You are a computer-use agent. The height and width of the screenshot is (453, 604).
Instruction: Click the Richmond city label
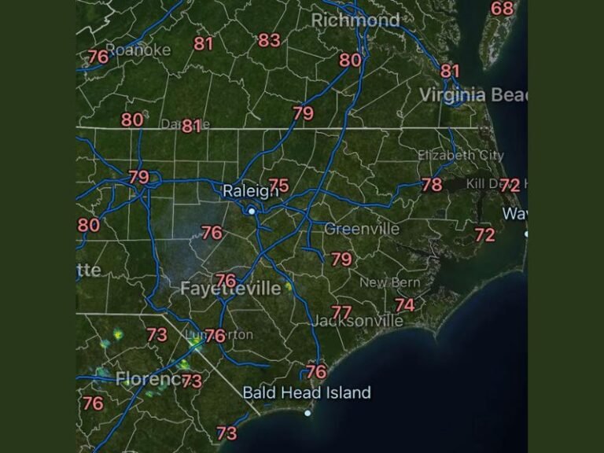(355, 20)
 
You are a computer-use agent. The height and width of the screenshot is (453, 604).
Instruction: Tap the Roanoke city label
(138, 50)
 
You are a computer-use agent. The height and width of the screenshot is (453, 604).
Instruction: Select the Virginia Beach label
(473, 95)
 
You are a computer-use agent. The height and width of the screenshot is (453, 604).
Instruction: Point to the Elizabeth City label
(460, 155)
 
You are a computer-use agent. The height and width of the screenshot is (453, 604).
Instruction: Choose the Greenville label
(362, 229)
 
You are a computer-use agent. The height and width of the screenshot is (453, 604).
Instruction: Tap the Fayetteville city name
(230, 289)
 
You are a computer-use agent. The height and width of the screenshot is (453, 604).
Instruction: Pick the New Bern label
(390, 282)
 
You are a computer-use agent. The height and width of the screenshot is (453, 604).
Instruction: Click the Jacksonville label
(358, 321)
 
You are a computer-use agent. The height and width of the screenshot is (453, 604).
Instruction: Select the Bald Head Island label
(307, 392)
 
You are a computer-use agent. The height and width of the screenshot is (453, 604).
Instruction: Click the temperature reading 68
(502, 9)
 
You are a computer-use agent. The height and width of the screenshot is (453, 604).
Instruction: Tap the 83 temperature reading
(269, 40)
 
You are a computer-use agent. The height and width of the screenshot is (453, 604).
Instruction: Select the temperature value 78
(432, 185)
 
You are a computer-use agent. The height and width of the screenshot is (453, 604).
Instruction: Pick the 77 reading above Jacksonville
(341, 312)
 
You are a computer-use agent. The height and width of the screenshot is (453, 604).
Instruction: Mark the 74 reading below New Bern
(405, 304)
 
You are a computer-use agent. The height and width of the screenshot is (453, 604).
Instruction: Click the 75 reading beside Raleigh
(278, 186)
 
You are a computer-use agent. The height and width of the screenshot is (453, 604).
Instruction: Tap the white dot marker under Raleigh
(252, 211)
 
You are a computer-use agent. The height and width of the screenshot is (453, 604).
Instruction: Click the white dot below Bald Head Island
(308, 412)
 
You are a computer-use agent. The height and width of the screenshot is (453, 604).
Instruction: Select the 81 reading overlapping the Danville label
(192, 126)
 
